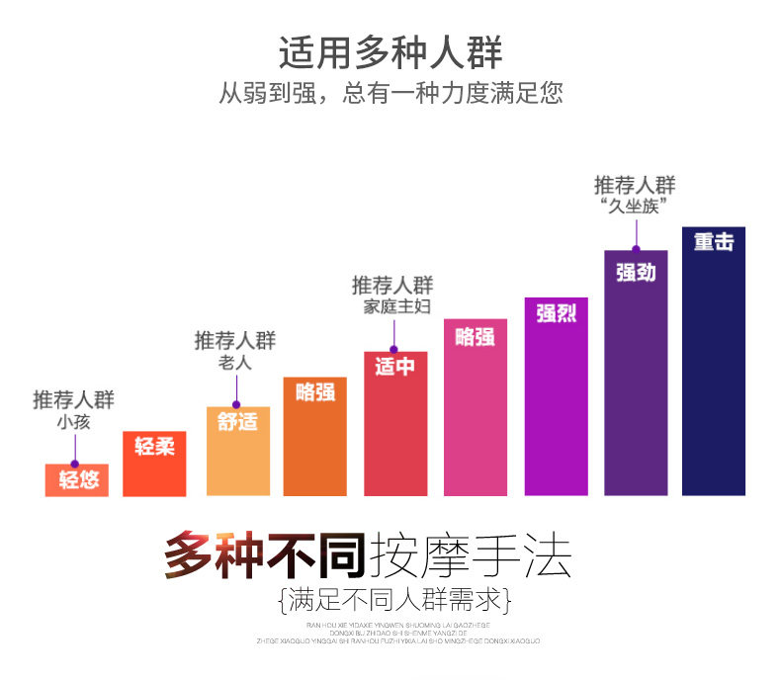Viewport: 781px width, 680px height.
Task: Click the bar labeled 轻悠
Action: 76,479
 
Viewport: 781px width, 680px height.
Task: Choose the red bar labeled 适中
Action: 394,423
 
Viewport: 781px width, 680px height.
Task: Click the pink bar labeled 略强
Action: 476,406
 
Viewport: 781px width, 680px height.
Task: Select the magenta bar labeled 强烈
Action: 556,395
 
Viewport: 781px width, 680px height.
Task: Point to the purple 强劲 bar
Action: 636,372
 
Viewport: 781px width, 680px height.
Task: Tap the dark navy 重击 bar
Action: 714,361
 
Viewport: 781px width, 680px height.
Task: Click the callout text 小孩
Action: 74,423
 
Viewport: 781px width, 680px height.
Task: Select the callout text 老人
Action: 235,364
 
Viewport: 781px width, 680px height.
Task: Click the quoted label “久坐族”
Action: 636,207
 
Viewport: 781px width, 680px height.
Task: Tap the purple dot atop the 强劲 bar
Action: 636,249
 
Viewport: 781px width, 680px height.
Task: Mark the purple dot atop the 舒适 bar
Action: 236,405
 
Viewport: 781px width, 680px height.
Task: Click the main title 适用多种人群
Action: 390,51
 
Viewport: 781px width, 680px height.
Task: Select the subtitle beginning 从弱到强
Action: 390,94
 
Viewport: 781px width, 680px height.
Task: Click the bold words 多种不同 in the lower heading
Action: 265,555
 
